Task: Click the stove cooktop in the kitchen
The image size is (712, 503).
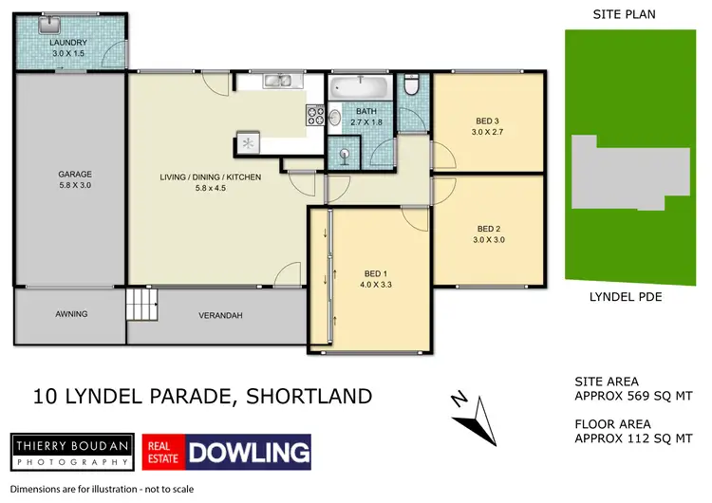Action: point(313,118)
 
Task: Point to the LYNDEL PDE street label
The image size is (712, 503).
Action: point(624,297)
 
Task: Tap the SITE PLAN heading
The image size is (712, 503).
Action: point(624,13)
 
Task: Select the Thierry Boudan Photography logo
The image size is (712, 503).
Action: point(71,451)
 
